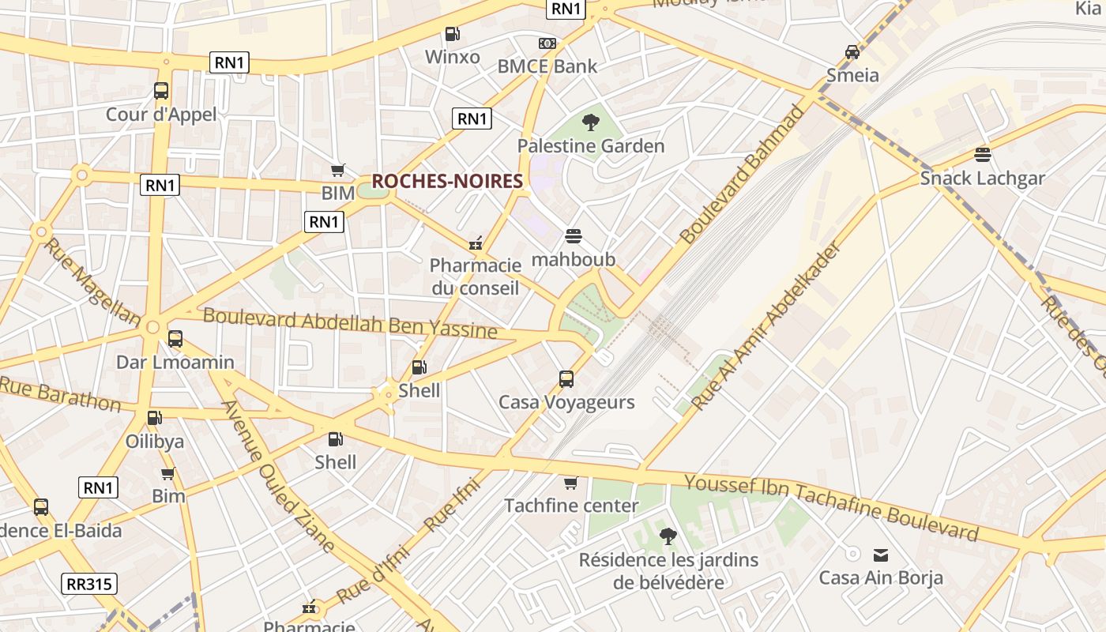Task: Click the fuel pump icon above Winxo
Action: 452,34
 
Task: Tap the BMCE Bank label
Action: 547,66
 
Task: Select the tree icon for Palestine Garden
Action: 590,122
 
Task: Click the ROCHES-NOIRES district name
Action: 447,181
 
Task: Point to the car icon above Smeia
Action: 852,52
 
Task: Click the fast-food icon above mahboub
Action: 574,236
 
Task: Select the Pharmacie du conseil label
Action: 475,276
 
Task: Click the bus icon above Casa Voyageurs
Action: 566,379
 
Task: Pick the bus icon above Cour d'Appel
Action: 161,91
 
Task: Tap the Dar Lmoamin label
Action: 175,362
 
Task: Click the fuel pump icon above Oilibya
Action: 155,418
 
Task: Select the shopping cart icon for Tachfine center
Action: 570,483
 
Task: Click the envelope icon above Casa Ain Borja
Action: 880,555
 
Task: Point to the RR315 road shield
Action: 89,584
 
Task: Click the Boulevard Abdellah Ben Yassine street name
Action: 351,323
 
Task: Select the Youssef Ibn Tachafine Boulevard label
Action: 831,508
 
